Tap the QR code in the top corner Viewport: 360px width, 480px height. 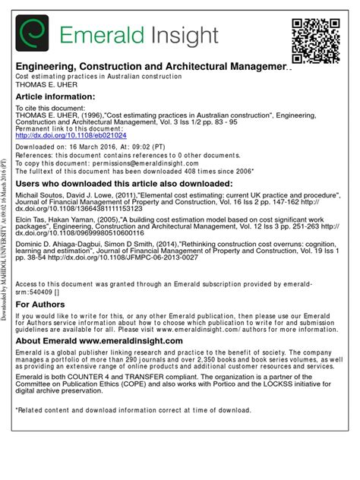(x=316, y=39)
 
